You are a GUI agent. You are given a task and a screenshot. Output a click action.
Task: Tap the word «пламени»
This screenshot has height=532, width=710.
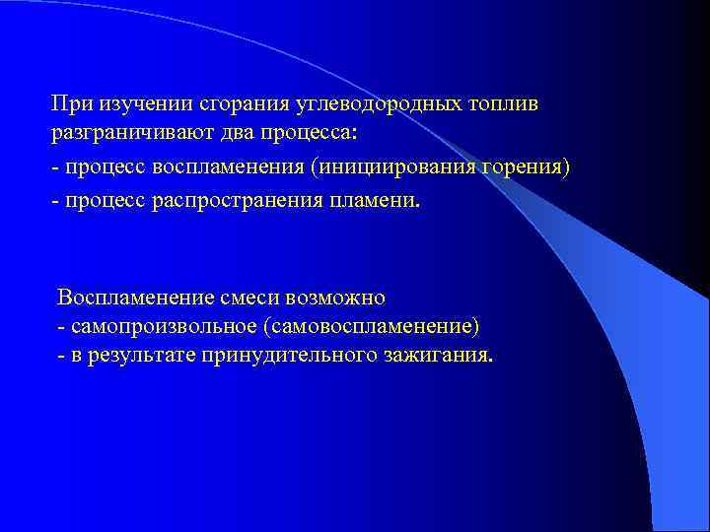pyautogui.click(x=380, y=201)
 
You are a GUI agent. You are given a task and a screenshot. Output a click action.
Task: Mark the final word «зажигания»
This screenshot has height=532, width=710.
pyautogui.click(x=435, y=355)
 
